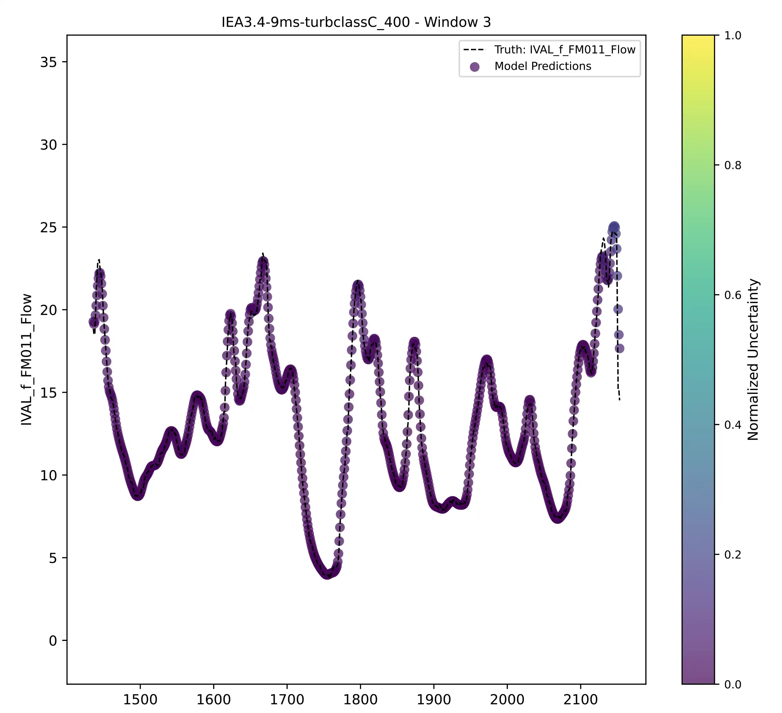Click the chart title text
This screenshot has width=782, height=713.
(356, 22)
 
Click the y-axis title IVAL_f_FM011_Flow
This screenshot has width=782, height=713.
(26, 359)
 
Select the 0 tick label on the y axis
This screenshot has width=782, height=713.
(53, 641)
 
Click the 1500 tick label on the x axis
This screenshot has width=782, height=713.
(140, 700)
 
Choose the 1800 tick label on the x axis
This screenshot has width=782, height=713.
(360, 700)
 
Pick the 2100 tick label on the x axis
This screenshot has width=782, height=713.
(580, 700)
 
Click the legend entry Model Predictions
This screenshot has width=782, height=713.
(542, 66)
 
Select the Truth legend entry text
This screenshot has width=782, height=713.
(565, 50)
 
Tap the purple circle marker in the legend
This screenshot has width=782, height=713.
(474, 67)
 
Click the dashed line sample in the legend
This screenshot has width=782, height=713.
(474, 50)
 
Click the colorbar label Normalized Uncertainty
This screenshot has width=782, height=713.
(753, 359)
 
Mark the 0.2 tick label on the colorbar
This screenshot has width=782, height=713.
(732, 555)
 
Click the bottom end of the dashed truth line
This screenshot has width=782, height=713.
(619, 400)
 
